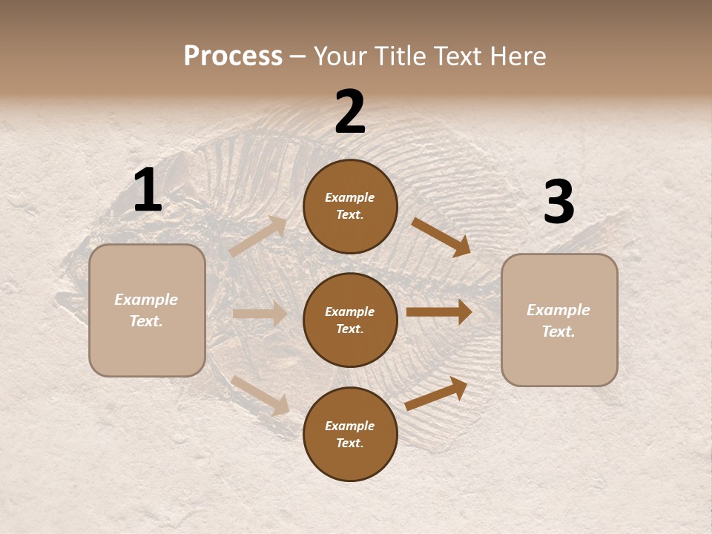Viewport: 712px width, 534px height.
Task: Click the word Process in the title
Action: point(233,56)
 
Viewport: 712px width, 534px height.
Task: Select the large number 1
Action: point(147,191)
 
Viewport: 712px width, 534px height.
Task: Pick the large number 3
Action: point(558,202)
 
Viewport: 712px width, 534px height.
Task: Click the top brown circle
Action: point(350,206)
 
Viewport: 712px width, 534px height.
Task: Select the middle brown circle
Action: point(350,320)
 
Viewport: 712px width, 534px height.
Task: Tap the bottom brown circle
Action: point(350,434)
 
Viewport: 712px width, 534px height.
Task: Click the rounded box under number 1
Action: point(147,310)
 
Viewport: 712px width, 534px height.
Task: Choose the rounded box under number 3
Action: point(559,320)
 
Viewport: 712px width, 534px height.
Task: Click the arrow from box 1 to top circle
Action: point(258,236)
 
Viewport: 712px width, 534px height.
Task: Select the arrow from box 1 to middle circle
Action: point(260,314)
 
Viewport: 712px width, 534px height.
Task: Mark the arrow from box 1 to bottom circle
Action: point(260,395)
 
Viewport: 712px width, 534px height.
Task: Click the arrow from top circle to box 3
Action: point(441,237)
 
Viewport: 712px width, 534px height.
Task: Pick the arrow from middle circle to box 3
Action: point(439,312)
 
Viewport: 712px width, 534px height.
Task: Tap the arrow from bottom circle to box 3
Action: point(436,393)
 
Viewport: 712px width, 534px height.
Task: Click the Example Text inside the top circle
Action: point(350,206)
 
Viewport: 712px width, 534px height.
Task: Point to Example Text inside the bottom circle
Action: point(350,434)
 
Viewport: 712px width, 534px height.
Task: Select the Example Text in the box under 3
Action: point(558,320)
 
